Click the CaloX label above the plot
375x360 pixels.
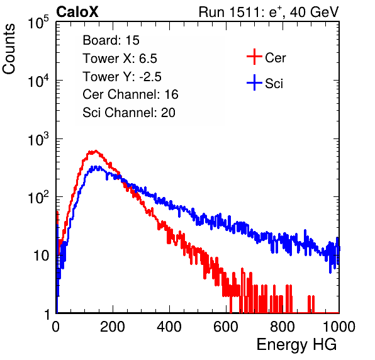77,12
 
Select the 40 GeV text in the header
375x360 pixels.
314,12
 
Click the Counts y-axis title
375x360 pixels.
9,49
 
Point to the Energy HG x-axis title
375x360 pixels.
296,344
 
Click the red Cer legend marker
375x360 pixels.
254,57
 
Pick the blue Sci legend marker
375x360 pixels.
254,83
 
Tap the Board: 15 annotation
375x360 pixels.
111,40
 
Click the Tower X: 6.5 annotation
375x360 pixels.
120,59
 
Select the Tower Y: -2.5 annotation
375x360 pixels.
122,77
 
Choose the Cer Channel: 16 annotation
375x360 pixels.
130,94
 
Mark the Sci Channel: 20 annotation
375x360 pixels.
129,113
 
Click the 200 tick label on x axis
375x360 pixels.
113,327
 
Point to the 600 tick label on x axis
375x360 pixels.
226,327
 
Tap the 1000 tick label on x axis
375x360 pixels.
339,327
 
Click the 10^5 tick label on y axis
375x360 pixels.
38,23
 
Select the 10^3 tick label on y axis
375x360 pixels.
38,139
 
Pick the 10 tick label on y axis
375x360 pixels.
42,256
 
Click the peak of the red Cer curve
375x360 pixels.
96,150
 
